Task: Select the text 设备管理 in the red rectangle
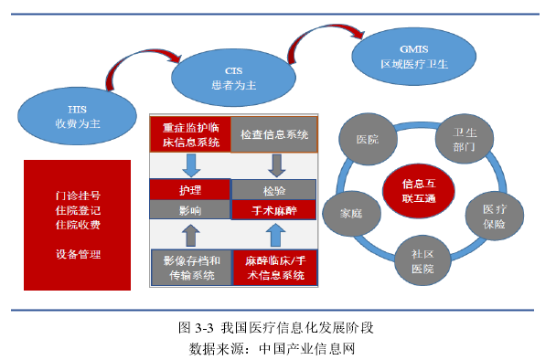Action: click(78, 253)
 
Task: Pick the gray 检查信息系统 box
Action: click(274, 135)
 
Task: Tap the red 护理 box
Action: click(189, 189)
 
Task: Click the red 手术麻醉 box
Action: click(273, 210)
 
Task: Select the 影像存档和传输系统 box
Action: click(189, 267)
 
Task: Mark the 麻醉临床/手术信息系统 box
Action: click(274, 267)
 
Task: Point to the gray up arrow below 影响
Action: click(190, 235)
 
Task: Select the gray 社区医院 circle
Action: click(422, 263)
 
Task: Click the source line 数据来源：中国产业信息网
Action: click(277, 347)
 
